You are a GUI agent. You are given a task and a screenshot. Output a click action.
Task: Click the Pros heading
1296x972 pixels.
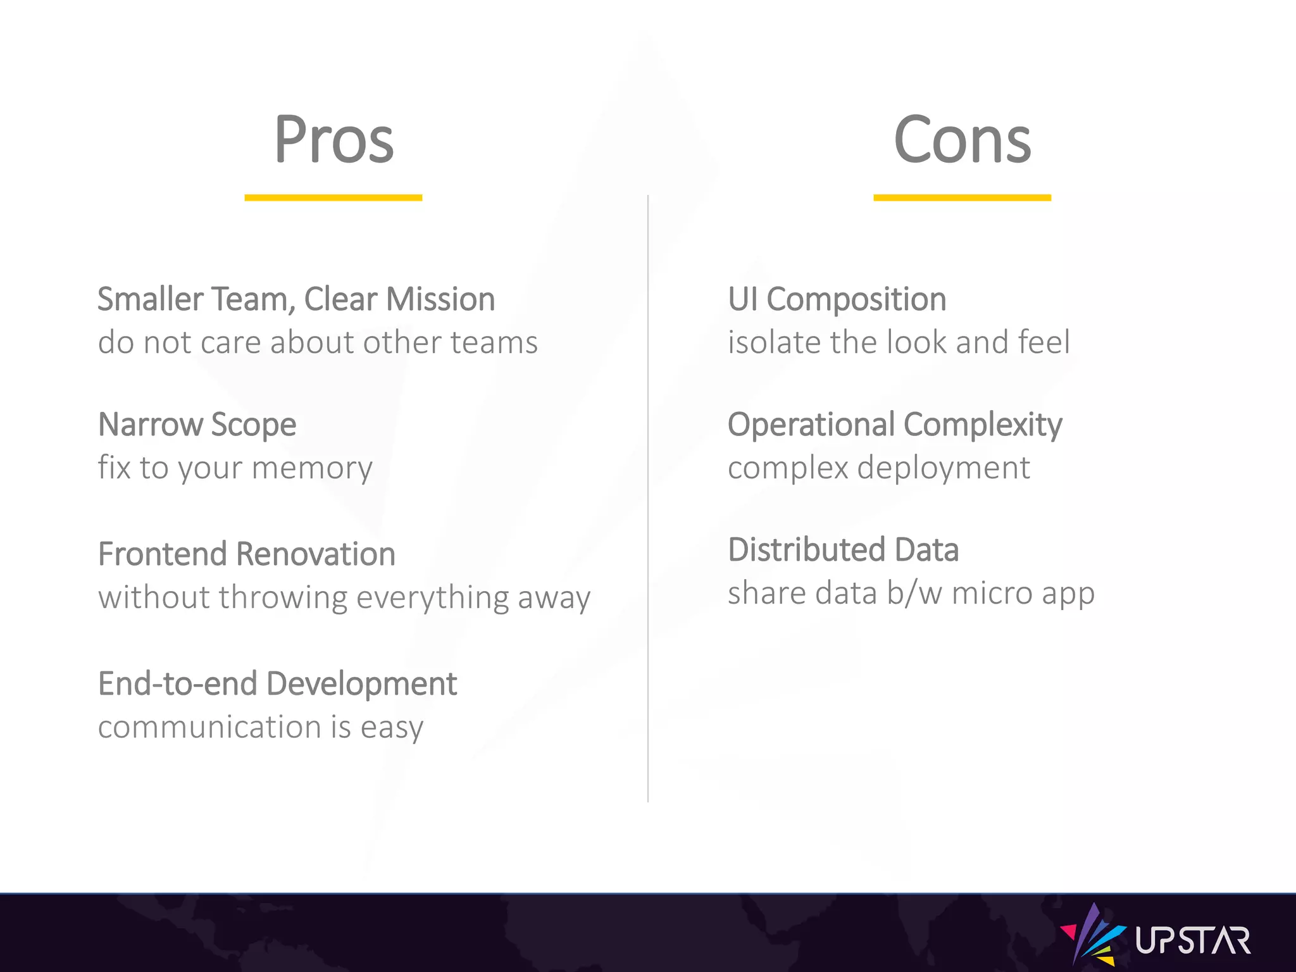(333, 140)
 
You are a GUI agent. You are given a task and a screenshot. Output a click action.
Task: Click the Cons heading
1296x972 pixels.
(962, 140)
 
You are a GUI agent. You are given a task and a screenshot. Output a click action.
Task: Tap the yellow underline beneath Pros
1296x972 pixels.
(333, 198)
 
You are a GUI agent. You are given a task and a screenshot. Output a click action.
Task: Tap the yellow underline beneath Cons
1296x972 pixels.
(962, 198)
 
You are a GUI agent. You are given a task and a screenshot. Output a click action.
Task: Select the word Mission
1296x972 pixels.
(440, 299)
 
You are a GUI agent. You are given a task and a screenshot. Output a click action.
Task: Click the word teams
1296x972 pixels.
(494, 342)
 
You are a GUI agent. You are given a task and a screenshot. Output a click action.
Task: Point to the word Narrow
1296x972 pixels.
(150, 425)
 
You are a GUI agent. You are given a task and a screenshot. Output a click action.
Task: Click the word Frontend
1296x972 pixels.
(163, 554)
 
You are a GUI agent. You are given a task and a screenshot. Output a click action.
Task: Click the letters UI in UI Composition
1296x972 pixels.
(742, 299)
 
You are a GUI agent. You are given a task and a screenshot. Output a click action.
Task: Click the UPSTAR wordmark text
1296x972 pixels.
(1193, 940)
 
